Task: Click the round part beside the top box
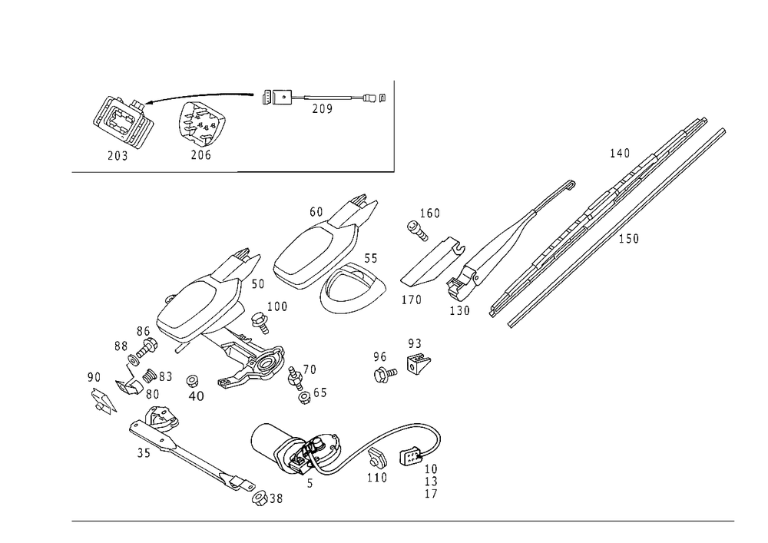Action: click(202, 123)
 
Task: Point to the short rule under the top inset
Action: click(315, 170)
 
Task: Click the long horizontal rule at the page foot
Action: click(403, 520)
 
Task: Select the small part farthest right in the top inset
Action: click(369, 98)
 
